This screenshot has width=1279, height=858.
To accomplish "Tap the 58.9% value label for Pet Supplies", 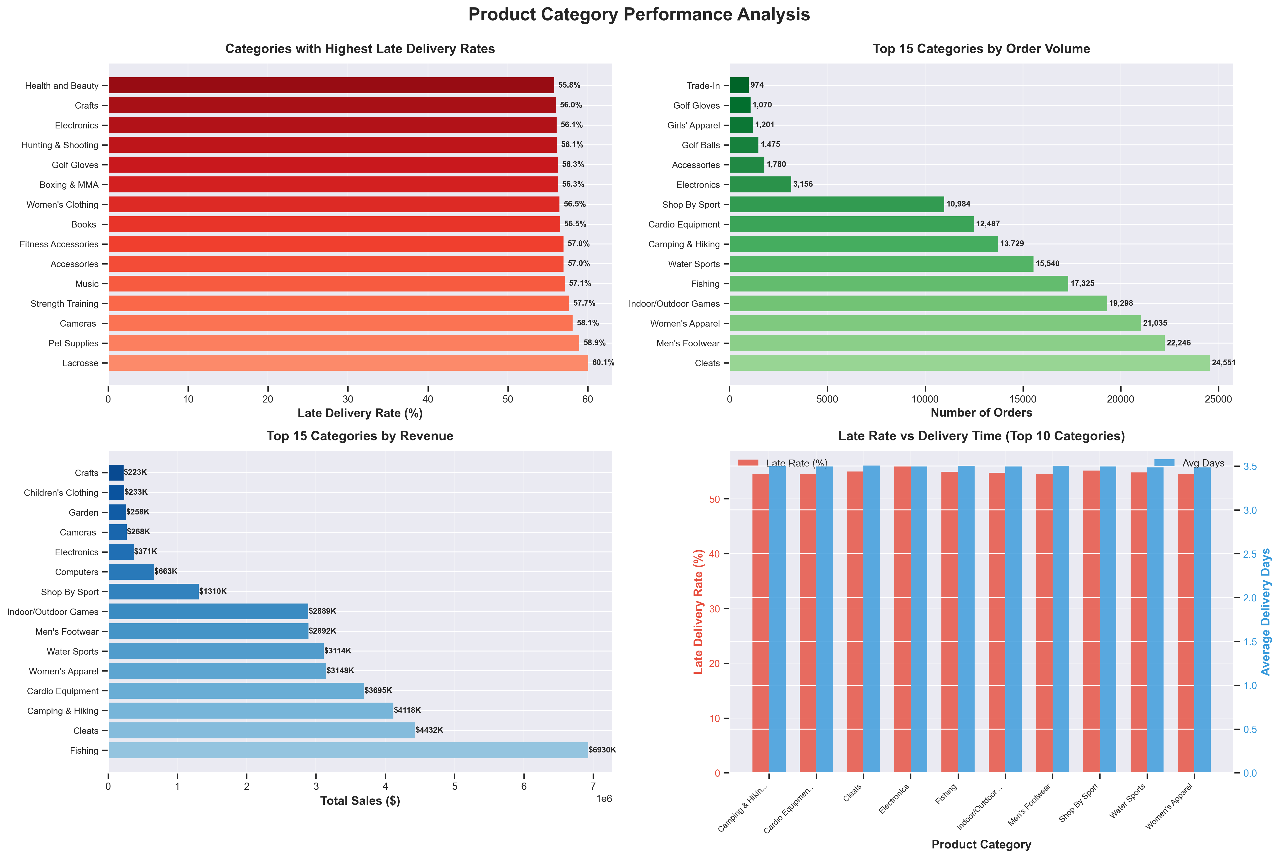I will point(594,343).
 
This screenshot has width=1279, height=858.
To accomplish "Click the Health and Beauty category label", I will point(62,86).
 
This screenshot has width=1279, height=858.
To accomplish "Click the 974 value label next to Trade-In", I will point(757,85).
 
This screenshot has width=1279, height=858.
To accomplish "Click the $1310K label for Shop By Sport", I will point(213,592).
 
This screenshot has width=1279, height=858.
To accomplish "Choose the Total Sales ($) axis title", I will point(360,801).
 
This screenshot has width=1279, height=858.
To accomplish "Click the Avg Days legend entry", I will point(1203,463).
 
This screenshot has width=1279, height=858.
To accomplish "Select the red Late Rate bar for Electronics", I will point(902,620).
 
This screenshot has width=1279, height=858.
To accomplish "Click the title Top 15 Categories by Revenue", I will point(360,436).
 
